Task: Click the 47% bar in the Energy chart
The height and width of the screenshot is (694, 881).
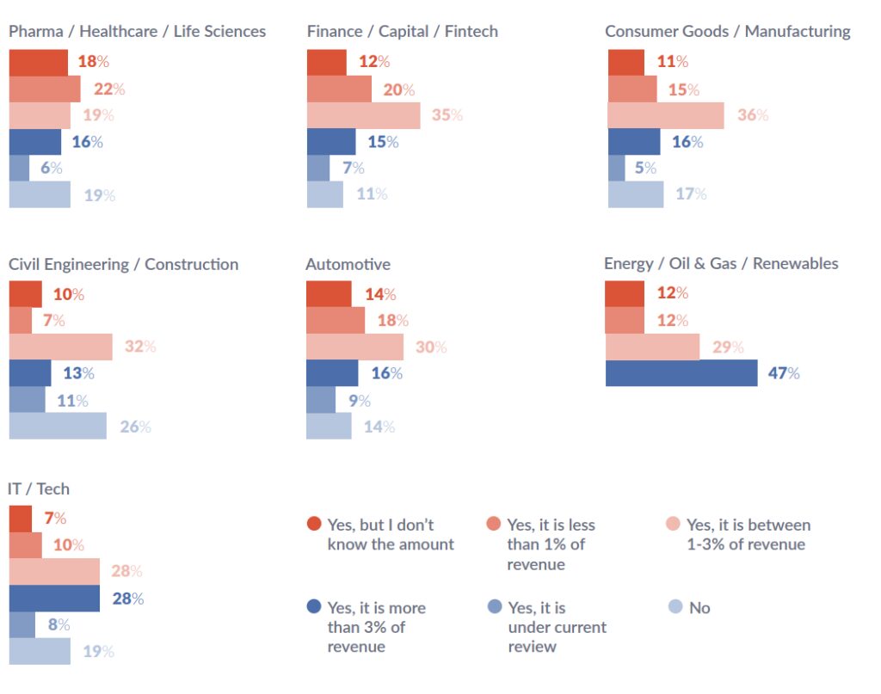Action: tap(681, 373)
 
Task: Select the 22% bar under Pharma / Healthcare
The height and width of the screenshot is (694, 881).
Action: tap(45, 89)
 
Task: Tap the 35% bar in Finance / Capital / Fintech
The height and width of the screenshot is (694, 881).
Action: tap(363, 115)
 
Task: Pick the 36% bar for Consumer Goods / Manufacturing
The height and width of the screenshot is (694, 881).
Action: tap(665, 115)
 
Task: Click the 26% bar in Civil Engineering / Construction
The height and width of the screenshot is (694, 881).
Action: tap(58, 426)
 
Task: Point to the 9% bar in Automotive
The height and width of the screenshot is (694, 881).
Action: tap(321, 400)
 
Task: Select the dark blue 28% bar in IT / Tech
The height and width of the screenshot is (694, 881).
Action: tap(54, 598)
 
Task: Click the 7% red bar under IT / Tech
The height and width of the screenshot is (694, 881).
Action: tap(21, 519)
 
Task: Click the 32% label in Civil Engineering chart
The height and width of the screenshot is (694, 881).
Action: tap(139, 347)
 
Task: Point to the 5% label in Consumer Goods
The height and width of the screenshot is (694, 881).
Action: tap(645, 169)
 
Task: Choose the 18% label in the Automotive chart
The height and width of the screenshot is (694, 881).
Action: tap(391, 320)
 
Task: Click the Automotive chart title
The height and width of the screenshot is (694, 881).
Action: tap(348, 264)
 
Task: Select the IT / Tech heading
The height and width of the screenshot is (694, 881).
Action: tap(39, 488)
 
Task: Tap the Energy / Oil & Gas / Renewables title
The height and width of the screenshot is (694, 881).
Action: tap(721, 263)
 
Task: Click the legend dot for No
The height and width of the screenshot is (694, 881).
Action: tap(675, 607)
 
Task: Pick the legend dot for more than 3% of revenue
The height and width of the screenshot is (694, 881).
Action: tap(314, 607)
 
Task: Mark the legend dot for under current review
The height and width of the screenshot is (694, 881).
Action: tap(494, 607)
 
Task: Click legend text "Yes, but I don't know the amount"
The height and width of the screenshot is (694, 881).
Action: tap(390, 534)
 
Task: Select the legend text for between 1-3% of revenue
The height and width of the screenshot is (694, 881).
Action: tap(748, 534)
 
